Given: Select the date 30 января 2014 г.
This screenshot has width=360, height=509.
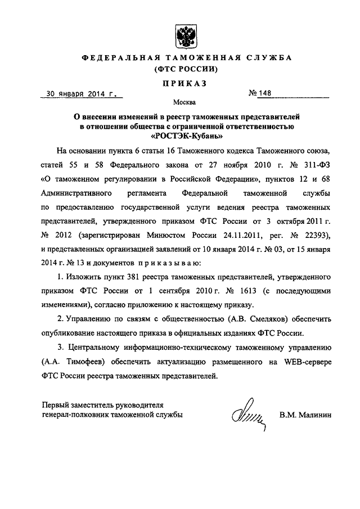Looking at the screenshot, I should click(x=82, y=94).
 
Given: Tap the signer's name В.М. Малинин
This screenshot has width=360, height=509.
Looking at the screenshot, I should click(x=306, y=415).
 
